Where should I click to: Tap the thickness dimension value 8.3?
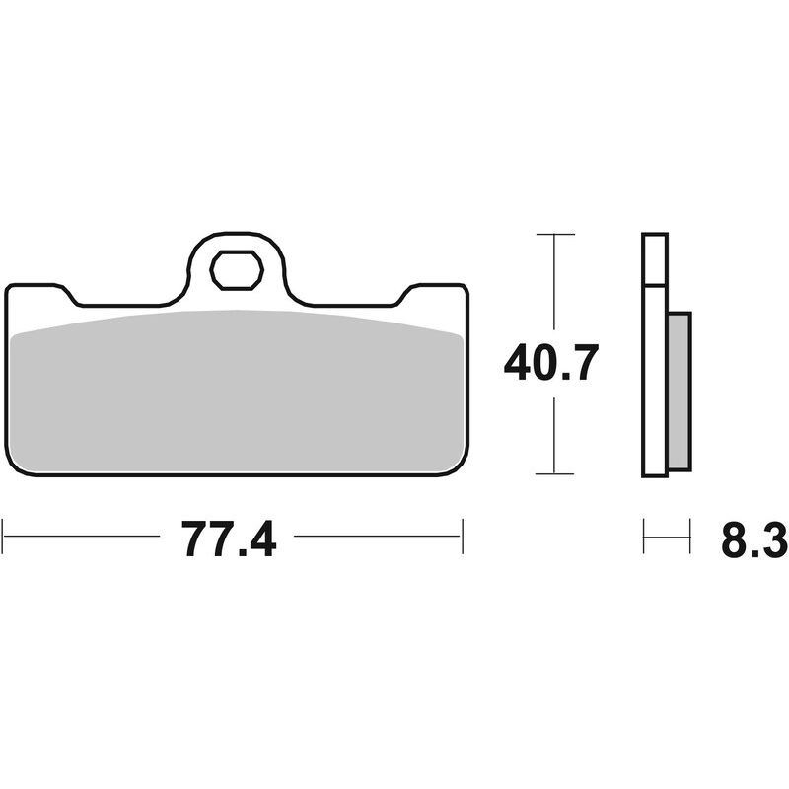(753, 539)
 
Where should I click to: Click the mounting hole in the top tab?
(237, 270)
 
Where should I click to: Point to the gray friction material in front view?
(237, 390)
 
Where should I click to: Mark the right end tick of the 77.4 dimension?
(462, 538)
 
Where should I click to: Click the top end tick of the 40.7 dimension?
(555, 234)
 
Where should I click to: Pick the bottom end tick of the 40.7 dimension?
(555, 473)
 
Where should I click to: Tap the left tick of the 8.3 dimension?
(644, 538)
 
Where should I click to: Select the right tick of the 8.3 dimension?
(689, 538)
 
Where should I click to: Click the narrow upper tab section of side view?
(655, 258)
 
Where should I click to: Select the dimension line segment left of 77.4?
(84, 538)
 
